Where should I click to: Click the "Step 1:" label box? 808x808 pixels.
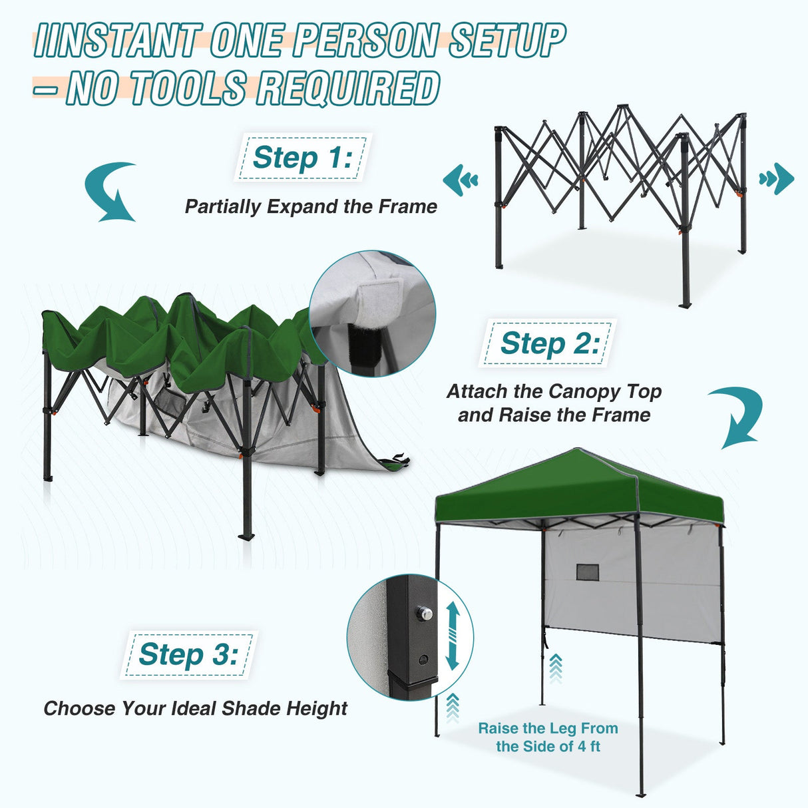tap(302, 158)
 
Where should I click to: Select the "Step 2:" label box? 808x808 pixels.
tap(548, 343)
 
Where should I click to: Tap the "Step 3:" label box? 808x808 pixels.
tap(188, 655)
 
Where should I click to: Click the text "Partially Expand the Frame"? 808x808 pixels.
tap(311, 206)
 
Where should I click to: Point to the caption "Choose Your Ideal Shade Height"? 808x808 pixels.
tap(195, 708)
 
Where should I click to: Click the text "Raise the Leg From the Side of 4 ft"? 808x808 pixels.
tap(548, 737)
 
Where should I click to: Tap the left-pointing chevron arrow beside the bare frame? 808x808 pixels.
tap(461, 180)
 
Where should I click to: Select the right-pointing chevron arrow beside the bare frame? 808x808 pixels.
tap(777, 178)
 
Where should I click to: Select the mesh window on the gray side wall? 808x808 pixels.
tap(587, 572)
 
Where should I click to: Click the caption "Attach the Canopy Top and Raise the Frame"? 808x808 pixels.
tap(554, 403)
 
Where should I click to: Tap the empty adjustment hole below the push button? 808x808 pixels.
tap(423, 660)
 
